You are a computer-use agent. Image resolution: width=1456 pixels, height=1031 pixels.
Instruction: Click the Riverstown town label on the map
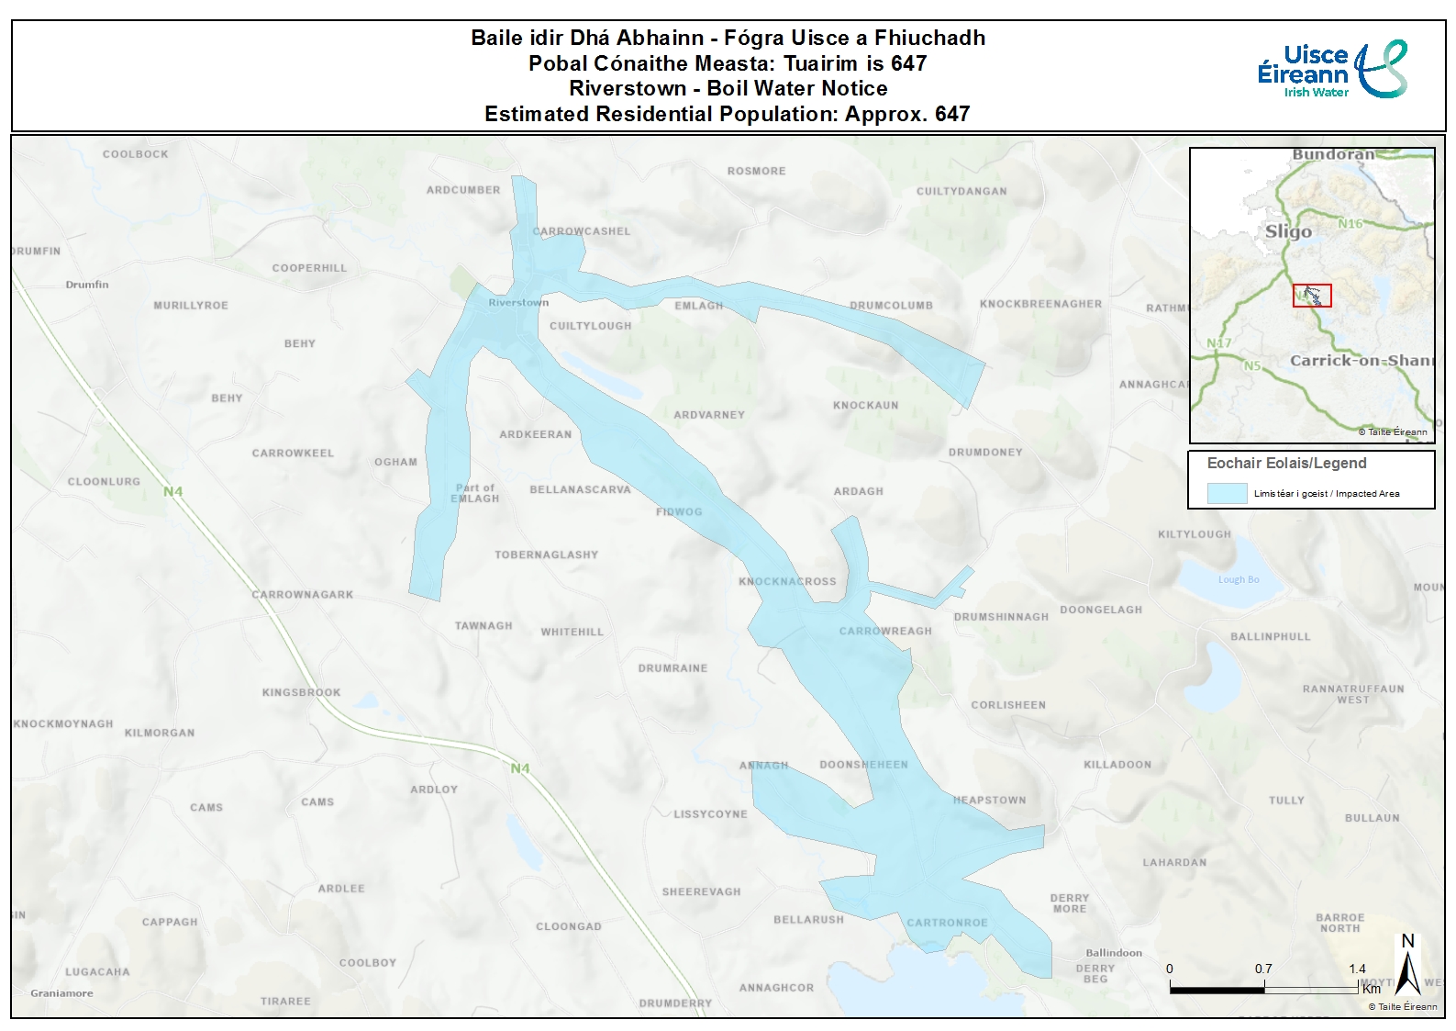[518, 302]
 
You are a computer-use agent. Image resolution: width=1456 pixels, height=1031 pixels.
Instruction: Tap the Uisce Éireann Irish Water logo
[1331, 70]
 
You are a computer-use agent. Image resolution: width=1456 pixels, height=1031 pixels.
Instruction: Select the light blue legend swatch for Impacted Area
[1227, 493]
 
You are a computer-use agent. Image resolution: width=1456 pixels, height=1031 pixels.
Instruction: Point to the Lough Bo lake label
[1238, 579]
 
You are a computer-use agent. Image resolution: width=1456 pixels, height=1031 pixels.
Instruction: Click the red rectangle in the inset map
[1312, 296]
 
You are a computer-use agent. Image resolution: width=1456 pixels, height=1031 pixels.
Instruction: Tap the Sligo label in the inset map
[1288, 231]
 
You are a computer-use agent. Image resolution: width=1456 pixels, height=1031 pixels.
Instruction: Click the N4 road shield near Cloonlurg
[173, 491]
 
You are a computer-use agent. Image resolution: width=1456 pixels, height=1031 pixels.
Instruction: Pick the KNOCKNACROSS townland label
[787, 581]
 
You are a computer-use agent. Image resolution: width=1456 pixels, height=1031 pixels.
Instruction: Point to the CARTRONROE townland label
[947, 923]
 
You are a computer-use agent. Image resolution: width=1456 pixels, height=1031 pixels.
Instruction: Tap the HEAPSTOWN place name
[989, 800]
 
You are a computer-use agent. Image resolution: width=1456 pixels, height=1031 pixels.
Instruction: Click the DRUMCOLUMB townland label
[891, 305]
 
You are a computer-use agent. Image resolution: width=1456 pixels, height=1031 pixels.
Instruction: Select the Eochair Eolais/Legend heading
[1286, 464]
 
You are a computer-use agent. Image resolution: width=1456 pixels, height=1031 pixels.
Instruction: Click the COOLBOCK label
[136, 154]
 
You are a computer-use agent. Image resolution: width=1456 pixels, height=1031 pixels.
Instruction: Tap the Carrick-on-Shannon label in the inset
[1361, 360]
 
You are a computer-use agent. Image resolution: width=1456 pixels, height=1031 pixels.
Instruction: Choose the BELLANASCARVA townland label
[580, 489]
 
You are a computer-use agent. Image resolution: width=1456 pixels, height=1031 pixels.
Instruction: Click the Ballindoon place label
[1114, 953]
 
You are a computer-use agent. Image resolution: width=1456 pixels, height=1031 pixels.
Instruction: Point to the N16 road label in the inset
[1350, 224]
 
